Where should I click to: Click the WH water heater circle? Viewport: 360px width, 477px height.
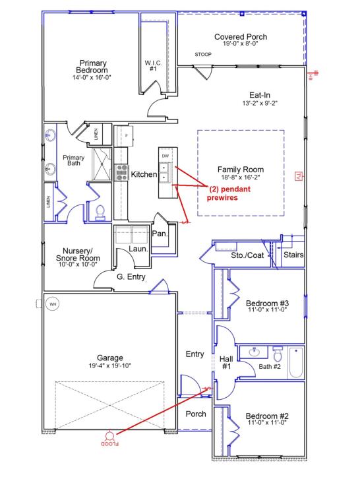pos(53,304)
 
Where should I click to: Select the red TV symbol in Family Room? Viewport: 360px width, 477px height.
pos(297,175)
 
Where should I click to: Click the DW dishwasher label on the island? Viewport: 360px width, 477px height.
pos(165,156)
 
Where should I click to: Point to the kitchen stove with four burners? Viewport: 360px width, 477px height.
pos(122,172)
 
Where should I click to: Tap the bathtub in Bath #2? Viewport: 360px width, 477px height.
pos(295,363)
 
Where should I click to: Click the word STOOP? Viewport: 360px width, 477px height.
pos(203,54)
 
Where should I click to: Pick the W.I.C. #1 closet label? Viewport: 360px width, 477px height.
pos(152,66)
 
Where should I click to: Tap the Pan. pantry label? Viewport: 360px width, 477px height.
pos(160,233)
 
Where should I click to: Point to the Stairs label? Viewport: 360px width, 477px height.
pos(293,254)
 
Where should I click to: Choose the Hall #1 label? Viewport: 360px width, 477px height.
pos(225,362)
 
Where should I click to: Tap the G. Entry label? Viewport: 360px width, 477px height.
pos(131,276)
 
